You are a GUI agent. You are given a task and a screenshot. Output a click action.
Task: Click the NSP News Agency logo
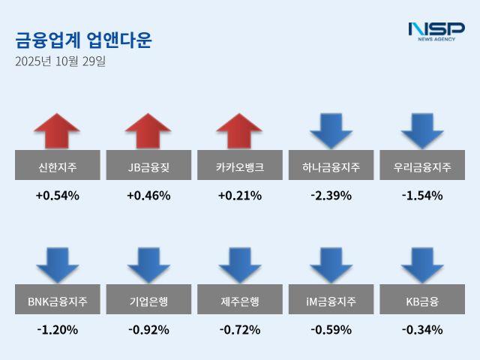point(436,31)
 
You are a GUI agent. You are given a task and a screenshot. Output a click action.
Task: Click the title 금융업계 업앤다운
point(83,40)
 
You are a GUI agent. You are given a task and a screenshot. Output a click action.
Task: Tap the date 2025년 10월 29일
point(60,61)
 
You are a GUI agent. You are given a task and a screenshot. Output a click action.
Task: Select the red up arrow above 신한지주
point(57,130)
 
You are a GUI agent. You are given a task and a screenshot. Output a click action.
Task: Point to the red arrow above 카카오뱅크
point(239,130)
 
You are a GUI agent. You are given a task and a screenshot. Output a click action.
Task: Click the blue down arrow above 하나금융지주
point(331,130)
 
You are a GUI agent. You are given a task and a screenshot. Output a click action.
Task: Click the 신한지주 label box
point(57,166)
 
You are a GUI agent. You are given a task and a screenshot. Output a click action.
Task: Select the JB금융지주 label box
point(148,166)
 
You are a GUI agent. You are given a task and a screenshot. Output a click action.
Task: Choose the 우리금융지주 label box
point(422,166)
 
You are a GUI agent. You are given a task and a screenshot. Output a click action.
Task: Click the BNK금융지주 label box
point(57,302)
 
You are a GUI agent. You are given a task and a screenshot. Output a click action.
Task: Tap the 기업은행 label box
point(148,302)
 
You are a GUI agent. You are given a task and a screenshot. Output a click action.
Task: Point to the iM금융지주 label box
point(331,302)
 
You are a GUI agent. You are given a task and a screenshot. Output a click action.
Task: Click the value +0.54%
point(57,196)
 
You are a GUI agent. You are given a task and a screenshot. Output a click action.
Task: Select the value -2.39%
point(331,196)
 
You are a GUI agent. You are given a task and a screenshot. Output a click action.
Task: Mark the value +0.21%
point(239,196)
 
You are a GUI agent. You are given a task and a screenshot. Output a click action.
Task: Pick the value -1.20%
point(57,329)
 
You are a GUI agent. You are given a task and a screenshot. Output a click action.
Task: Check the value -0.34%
point(422,329)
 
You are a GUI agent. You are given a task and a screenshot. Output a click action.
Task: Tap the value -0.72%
point(239,329)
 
